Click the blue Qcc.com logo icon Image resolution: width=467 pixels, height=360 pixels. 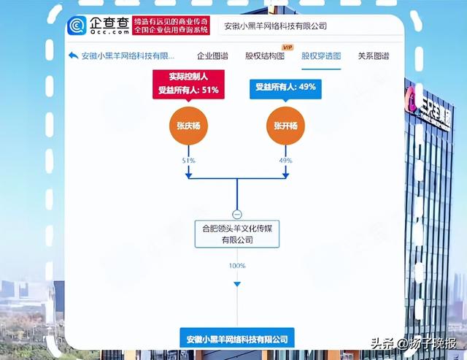click(77, 26)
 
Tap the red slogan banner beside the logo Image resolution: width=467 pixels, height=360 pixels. click(171, 26)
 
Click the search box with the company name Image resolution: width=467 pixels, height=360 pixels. click(310, 26)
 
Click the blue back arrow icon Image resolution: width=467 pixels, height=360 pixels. click(73, 55)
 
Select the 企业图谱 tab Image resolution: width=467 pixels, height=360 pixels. click(212, 56)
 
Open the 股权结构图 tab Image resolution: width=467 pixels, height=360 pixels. click(265, 56)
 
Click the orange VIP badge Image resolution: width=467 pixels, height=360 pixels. click(287, 47)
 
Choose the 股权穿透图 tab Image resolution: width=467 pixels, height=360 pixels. click(321, 56)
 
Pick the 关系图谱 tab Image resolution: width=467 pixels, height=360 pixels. click(374, 56)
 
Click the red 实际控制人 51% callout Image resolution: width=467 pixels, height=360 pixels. click(188, 84)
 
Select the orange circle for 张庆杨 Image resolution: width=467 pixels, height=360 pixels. click(188, 126)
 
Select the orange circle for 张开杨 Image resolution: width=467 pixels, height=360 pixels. click(285, 126)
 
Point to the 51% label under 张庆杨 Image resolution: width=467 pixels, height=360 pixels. click(188, 161)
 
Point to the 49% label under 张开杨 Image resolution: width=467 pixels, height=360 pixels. click(285, 161)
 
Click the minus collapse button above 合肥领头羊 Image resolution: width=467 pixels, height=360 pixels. click(237, 214)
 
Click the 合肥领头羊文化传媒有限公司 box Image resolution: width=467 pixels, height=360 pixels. click(237, 234)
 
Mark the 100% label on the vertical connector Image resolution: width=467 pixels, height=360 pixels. click(237, 266)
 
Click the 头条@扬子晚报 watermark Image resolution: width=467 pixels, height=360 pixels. click(414, 343)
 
